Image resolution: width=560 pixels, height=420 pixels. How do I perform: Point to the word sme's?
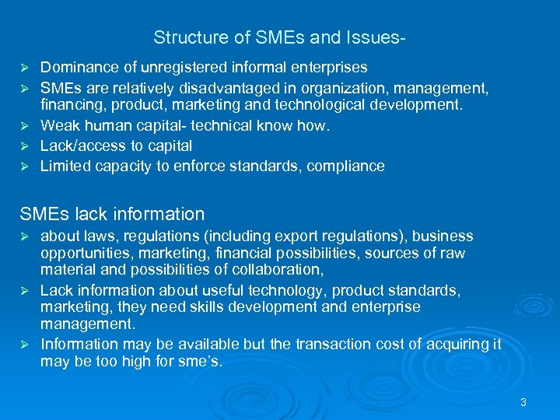(x=201, y=362)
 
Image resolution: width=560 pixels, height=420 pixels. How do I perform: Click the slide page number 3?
(x=523, y=402)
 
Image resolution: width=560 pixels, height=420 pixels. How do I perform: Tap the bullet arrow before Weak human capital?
(x=24, y=126)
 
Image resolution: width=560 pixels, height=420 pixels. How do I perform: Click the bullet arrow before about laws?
(x=24, y=236)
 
